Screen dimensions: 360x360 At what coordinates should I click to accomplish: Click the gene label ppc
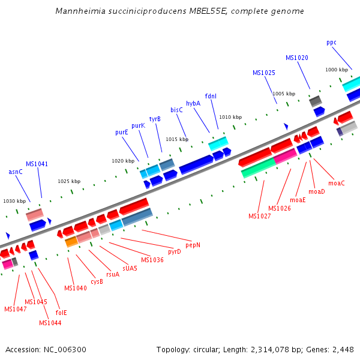coord(331,43)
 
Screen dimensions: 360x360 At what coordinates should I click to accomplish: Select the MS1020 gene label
coord(297,58)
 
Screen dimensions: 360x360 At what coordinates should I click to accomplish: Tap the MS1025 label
coord(263,73)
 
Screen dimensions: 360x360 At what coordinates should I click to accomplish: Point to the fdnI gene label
coord(211,96)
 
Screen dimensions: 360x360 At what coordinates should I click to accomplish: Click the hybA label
coord(193,103)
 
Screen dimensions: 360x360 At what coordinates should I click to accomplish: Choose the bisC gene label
coord(176,110)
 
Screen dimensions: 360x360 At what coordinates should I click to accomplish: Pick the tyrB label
coord(155,119)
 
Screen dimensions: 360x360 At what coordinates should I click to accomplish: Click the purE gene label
coord(121,132)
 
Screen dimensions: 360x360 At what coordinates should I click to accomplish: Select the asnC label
coord(16,172)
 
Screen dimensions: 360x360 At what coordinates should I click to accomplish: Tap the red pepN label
coord(193,245)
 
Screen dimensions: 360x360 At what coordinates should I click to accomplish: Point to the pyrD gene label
coord(175,251)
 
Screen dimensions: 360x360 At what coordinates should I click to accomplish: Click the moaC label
coord(337,183)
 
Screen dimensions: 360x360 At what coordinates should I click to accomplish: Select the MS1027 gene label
coord(260,216)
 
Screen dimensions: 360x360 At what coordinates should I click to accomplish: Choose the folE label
coord(61,313)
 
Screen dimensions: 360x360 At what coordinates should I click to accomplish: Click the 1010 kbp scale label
coord(230,117)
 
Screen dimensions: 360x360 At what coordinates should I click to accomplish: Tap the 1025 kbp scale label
coord(69,181)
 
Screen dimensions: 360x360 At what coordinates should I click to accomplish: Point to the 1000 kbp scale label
coord(337,70)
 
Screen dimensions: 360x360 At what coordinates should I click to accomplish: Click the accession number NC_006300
coord(64,349)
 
